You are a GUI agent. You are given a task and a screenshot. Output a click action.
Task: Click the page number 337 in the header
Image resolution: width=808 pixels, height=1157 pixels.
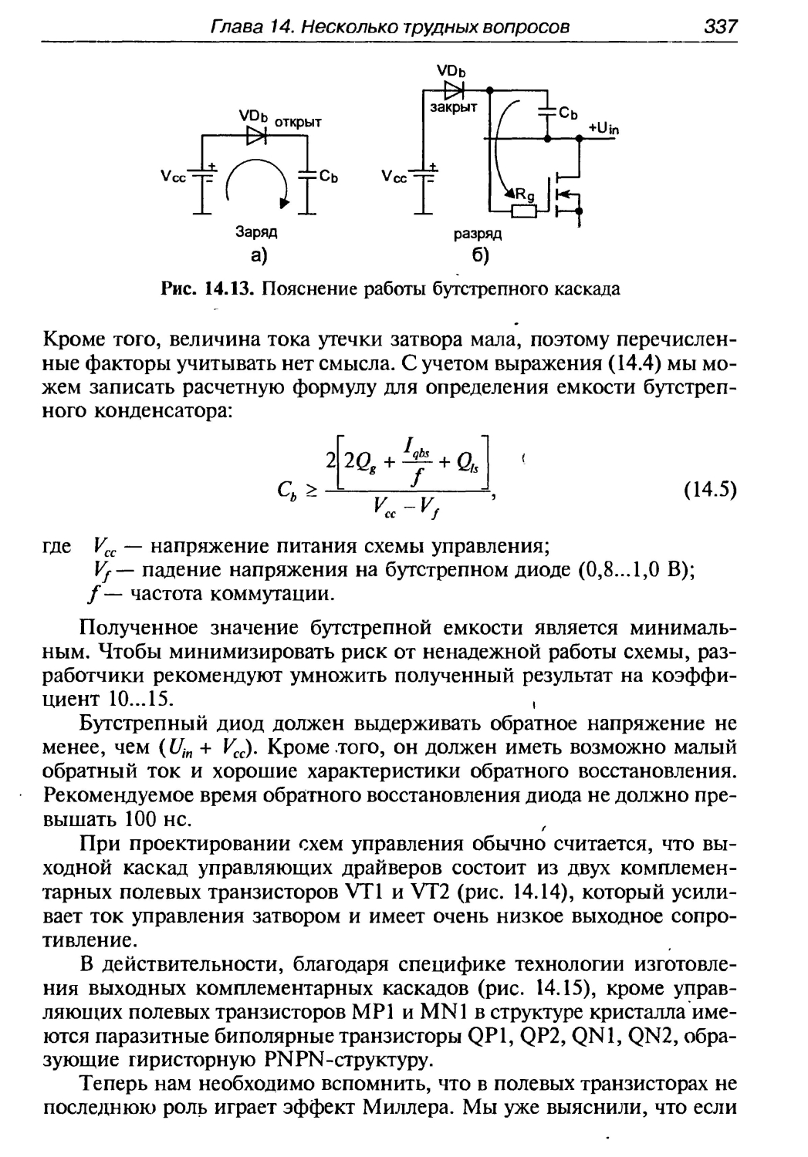coord(721,27)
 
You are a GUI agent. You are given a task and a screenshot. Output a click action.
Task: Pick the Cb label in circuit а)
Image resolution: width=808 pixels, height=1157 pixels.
coord(330,176)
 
